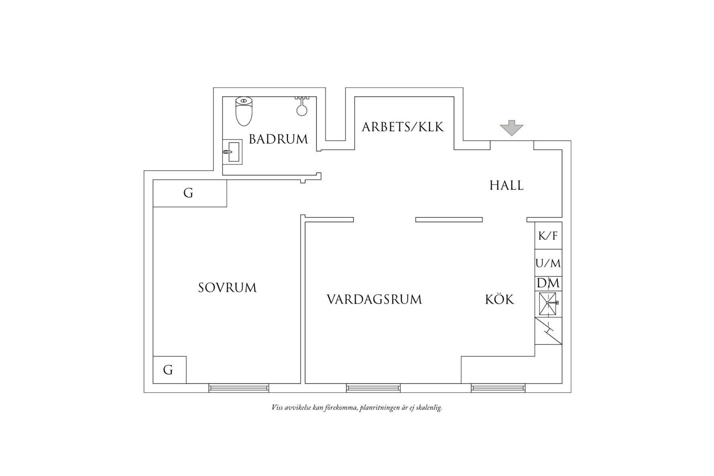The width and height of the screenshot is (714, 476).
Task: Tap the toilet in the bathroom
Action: (x=244, y=111)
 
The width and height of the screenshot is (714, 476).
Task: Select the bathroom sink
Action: (x=233, y=152)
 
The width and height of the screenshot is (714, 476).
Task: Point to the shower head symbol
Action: (x=302, y=107)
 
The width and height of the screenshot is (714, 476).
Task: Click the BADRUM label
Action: (x=278, y=140)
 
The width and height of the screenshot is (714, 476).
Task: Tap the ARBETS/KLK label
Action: (x=403, y=127)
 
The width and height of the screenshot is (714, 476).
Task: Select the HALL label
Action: (x=506, y=186)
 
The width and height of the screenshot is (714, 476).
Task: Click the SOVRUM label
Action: (x=227, y=288)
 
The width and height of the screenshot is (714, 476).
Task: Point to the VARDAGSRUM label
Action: (x=374, y=300)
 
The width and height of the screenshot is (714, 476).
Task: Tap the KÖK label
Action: (x=499, y=300)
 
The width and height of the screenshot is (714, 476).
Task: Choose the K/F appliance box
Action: (x=548, y=236)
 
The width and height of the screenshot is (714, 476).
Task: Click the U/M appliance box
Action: (x=548, y=263)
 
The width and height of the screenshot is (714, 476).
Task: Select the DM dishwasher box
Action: (x=548, y=284)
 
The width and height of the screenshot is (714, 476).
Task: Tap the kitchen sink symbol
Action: (x=548, y=304)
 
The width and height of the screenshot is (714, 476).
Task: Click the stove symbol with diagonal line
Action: (x=548, y=331)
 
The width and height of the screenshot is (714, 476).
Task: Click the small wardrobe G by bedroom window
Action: (x=169, y=369)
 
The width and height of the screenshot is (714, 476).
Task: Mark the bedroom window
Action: (x=239, y=388)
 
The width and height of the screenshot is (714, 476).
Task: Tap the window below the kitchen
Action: (x=498, y=388)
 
